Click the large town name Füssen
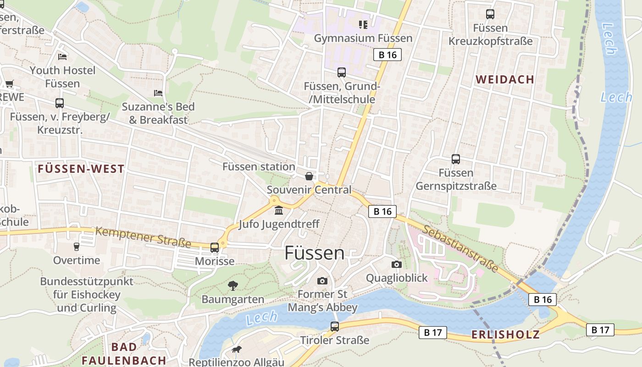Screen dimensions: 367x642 point(315,253)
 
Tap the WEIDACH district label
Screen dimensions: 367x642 point(505,80)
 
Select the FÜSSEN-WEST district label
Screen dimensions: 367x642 point(81,169)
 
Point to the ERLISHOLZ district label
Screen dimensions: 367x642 point(505,335)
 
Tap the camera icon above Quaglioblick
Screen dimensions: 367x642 point(397,264)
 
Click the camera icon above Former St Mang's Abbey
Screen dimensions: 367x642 point(322,280)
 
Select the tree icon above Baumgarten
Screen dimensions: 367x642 point(233,286)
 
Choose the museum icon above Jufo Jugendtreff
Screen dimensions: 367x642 point(278,211)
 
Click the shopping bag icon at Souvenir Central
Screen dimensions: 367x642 point(309,176)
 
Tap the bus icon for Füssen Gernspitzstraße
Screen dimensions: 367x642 point(456,159)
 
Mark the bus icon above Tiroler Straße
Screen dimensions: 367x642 point(335,327)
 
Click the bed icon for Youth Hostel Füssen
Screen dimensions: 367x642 point(62,57)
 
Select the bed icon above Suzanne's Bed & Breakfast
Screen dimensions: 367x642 point(158,93)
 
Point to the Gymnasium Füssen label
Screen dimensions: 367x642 point(363,39)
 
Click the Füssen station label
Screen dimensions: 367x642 point(259,167)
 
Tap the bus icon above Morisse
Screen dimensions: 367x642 point(215,248)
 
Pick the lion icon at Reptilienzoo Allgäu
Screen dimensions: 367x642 point(237,350)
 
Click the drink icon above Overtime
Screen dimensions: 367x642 point(77,247)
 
